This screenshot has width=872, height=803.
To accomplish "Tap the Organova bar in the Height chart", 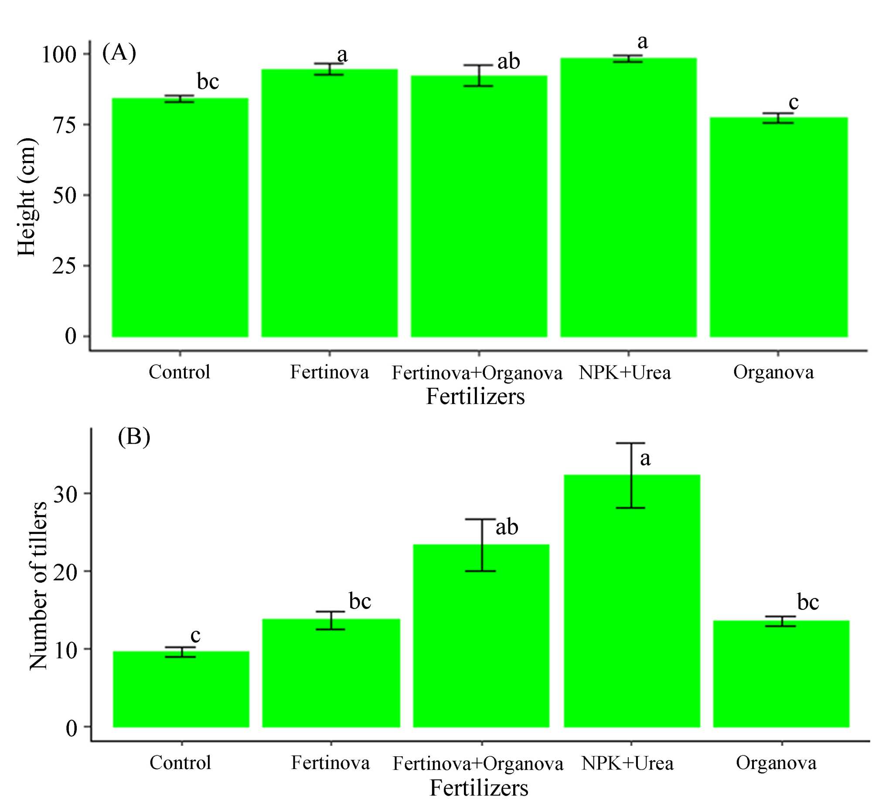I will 778,227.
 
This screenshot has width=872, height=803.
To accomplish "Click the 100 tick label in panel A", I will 59,55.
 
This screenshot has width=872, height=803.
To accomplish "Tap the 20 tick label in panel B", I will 65,571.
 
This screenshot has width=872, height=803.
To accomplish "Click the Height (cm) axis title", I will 27,197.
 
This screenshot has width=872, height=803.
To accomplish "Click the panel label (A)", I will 119,53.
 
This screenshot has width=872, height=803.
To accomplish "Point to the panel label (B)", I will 134,437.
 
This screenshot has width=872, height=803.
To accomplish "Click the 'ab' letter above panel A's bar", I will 508,62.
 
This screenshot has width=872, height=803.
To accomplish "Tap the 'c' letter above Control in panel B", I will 195,635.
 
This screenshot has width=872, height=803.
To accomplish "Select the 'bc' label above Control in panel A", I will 208,82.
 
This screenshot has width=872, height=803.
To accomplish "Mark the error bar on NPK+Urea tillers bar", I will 631,475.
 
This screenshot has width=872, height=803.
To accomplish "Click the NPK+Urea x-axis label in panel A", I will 624,372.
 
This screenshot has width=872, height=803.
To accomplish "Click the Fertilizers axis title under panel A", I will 475,396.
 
